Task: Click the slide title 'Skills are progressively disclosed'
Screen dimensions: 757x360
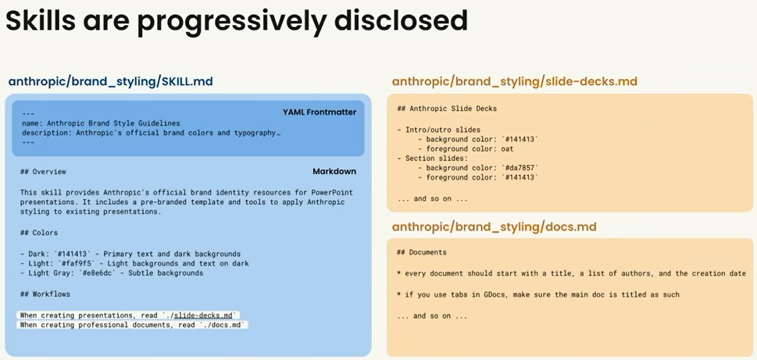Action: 237,21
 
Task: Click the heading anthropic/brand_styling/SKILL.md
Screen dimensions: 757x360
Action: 111,81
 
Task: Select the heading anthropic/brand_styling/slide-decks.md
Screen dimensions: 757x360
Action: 515,81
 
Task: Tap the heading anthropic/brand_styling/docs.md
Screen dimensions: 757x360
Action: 494,226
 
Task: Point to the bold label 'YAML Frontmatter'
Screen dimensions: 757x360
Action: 320,112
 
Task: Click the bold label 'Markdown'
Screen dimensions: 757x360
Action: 334,171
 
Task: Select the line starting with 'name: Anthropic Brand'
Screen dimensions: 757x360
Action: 101,123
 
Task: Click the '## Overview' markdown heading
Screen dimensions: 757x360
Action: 44,172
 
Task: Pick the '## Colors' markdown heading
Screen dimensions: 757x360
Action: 39,233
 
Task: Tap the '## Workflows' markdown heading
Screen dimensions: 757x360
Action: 45,294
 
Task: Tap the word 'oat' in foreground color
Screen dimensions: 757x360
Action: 507,149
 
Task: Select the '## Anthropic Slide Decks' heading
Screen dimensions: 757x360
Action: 447,109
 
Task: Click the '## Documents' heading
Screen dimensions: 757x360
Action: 422,252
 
